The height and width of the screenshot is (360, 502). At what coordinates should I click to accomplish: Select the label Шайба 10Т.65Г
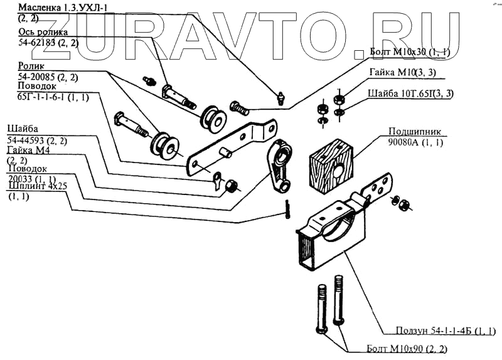[x=402, y=94]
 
